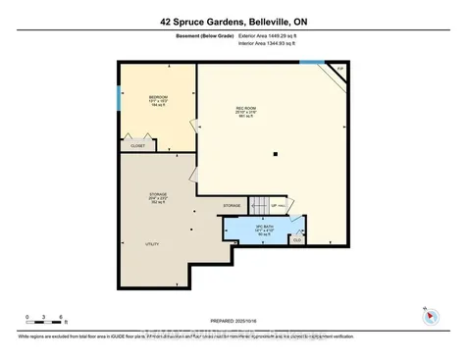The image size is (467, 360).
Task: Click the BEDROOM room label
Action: pyautogui.click(x=157, y=97)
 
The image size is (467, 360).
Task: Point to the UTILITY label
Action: pyautogui.click(x=152, y=243)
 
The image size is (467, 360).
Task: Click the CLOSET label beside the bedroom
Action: pyautogui.click(x=137, y=145)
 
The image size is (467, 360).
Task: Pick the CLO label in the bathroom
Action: pyautogui.click(x=296, y=238)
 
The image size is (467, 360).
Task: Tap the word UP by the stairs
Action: pyautogui.click(x=275, y=206)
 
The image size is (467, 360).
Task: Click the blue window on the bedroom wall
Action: pyautogui.click(x=120, y=98)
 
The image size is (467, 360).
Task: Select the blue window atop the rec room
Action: pyautogui.click(x=311, y=65)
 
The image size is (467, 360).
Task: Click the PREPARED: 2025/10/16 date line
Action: pyautogui.click(x=233, y=320)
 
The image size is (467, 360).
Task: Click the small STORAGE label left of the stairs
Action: pyautogui.click(x=232, y=205)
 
